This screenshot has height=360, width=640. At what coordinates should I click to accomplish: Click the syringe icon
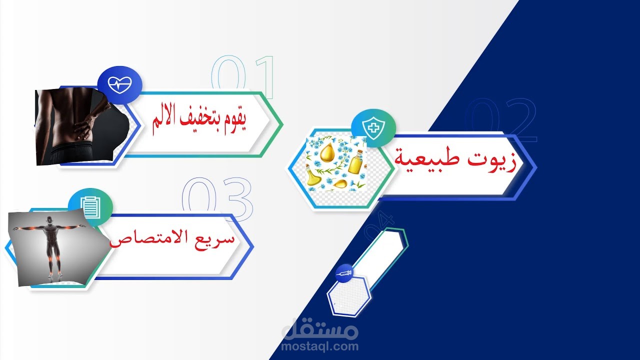(344, 272)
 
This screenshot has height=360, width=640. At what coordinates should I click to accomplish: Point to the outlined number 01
(243, 77)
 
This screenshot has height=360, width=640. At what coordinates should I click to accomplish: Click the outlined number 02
(500, 120)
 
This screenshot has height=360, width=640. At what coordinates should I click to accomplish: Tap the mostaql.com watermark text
(320, 346)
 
